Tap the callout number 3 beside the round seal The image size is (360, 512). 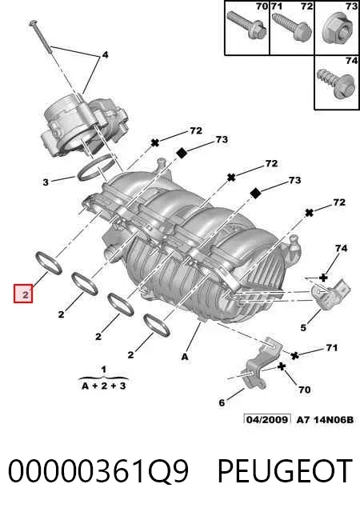coord(46,182)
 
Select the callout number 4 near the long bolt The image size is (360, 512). coord(105,55)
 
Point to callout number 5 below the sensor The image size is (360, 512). coord(303,327)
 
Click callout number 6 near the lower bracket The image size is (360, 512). coord(222,402)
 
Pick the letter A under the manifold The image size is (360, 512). coord(185,357)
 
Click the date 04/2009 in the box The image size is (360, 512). coord(267,419)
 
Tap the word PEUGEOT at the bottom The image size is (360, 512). coord(285,470)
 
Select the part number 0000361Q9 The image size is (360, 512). coord(98,470)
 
